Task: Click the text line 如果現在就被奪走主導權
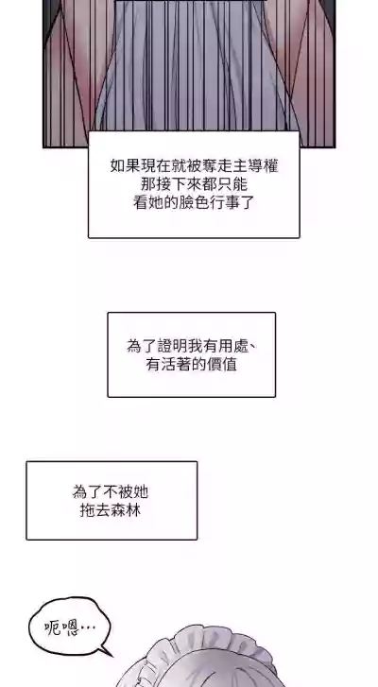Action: (194, 166)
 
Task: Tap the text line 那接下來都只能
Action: (194, 184)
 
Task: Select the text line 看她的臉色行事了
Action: (194, 202)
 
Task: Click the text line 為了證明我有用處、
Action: (192, 346)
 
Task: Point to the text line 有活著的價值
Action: (192, 365)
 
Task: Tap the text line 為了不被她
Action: (111, 492)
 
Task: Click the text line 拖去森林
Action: (111, 510)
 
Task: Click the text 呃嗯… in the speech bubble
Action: (70, 627)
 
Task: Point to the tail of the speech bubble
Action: (105, 651)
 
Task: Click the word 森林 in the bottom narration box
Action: (126, 510)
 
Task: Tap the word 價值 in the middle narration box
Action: (222, 365)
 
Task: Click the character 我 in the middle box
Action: (195, 346)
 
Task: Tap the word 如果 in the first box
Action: (126, 166)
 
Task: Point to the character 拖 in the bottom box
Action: (88, 510)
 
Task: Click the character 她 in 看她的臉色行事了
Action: (156, 202)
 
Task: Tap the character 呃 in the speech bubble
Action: (53, 627)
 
